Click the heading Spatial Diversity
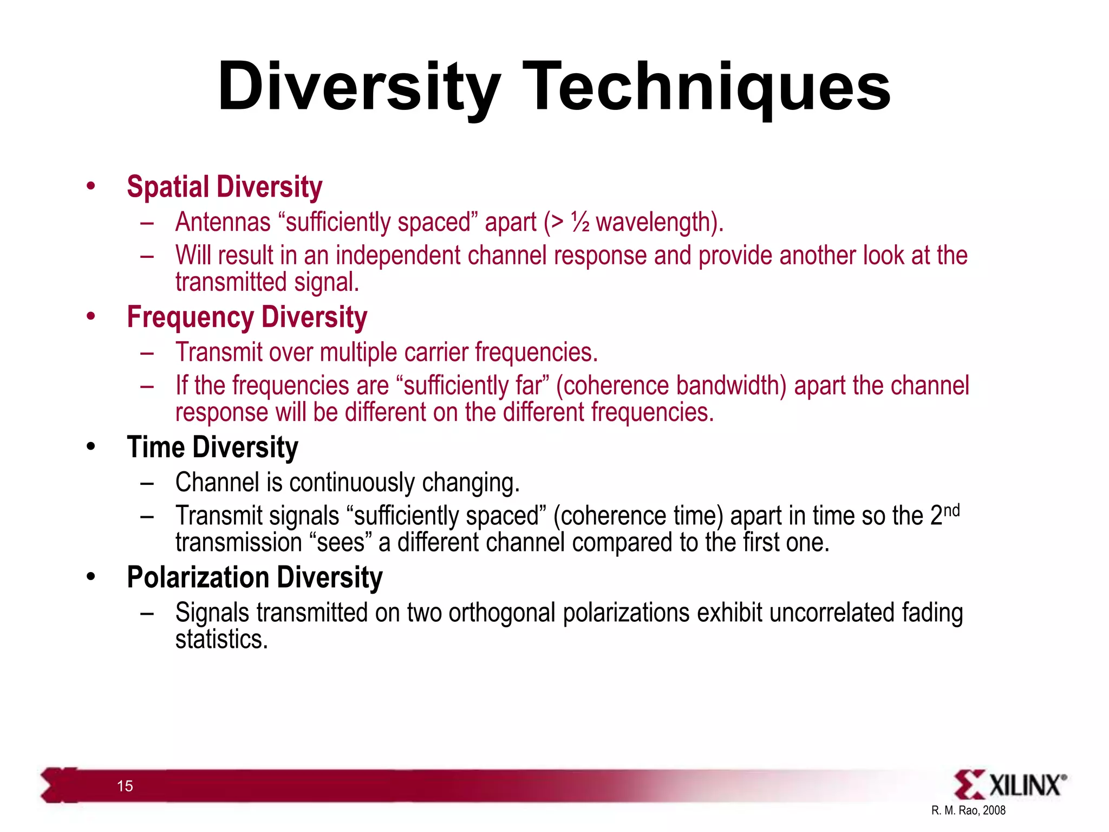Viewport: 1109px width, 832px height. pos(224,187)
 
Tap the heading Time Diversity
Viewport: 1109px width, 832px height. pos(212,447)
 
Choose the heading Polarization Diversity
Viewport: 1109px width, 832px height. pos(255,577)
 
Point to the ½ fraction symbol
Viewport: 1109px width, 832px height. pos(580,223)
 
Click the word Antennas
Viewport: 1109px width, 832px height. pos(223,223)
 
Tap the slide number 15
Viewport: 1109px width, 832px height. pos(125,786)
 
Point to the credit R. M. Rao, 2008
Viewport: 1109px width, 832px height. pos(968,810)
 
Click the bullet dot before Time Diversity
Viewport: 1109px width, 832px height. pos(90,447)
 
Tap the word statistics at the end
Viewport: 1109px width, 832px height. pos(221,640)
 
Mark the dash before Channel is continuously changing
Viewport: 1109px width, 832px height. pos(147,483)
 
